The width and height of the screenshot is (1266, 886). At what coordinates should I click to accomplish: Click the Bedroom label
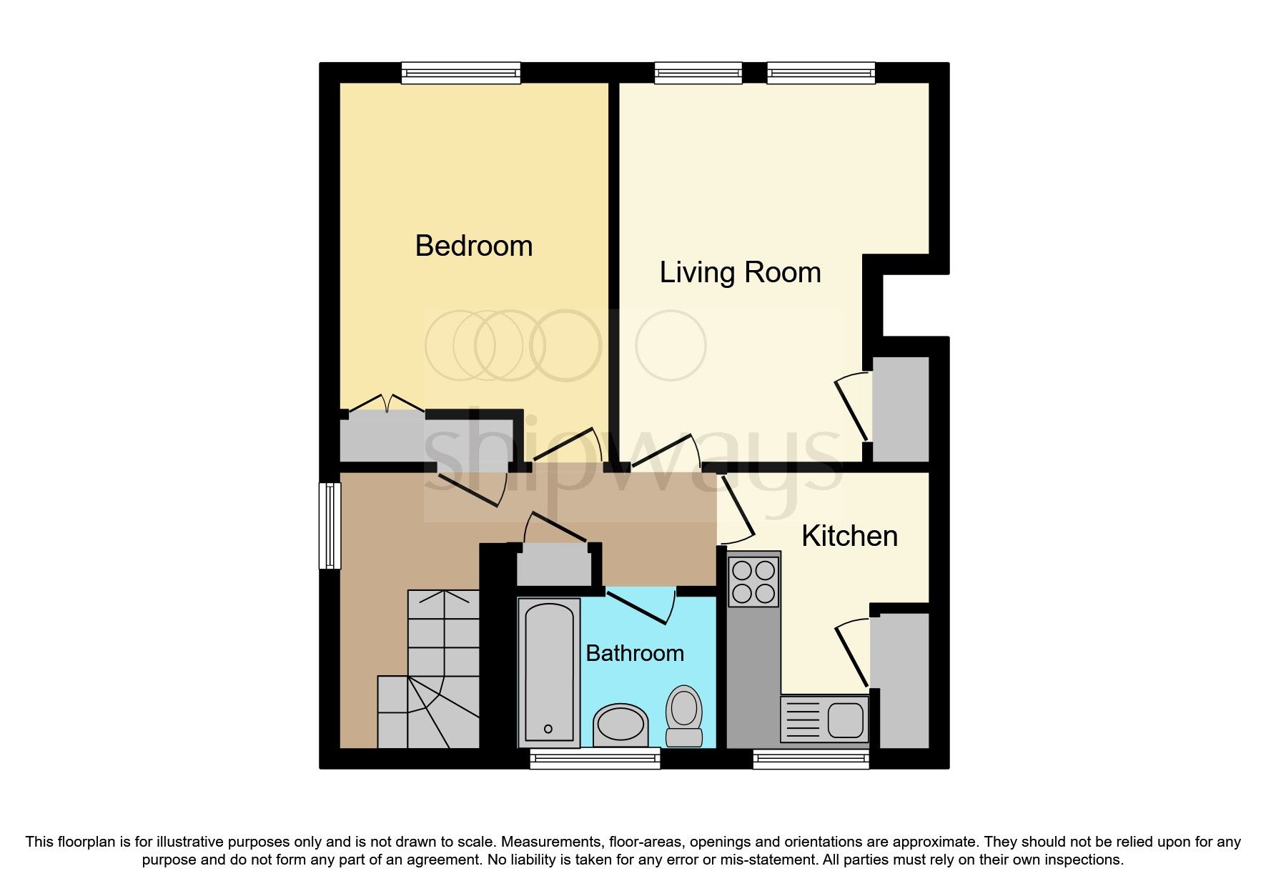click(473, 246)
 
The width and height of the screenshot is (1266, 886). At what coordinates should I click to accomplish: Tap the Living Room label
click(739, 272)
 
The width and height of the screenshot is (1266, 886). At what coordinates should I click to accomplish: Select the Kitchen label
click(849, 536)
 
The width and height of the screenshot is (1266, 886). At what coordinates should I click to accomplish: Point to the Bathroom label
click(634, 653)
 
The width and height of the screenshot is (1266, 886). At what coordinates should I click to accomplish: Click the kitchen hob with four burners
click(753, 582)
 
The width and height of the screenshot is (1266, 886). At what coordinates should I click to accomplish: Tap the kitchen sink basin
click(846, 720)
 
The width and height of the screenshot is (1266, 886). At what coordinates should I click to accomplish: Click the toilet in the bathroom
click(683, 716)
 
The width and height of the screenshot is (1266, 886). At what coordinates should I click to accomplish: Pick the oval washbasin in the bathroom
click(620, 724)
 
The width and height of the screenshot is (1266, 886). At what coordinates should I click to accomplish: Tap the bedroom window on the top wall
click(460, 72)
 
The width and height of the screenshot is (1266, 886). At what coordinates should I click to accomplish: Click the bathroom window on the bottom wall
click(594, 758)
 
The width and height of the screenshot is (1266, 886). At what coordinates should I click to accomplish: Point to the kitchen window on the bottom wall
click(811, 760)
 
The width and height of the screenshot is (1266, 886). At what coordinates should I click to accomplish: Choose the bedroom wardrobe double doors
click(387, 404)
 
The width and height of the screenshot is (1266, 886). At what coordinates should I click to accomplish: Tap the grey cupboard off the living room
click(901, 409)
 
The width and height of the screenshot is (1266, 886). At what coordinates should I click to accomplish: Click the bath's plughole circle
click(548, 729)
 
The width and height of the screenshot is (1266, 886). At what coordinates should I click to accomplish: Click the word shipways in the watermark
click(633, 457)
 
